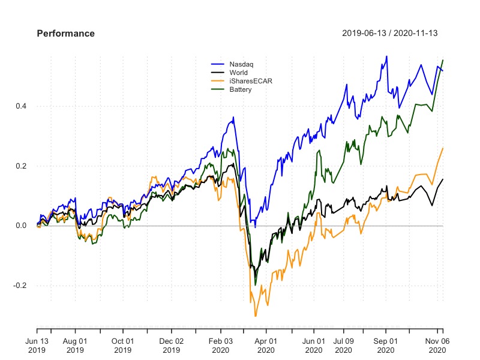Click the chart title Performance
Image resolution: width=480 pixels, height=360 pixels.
point(65,34)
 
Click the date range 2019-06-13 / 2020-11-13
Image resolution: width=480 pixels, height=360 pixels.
point(389,34)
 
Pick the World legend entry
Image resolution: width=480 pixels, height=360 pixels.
point(230,72)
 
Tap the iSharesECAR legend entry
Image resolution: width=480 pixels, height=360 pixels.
point(242,80)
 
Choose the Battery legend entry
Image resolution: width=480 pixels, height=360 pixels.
point(232,89)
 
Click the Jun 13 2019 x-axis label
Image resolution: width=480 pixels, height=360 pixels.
point(37,345)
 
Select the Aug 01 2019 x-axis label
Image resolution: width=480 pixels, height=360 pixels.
point(76,345)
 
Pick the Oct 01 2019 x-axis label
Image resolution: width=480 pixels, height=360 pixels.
point(123,345)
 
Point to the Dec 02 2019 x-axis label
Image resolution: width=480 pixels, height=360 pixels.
point(172,345)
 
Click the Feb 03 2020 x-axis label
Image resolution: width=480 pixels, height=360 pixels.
point(220,345)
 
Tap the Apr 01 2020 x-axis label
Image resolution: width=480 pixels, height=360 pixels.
point(266,345)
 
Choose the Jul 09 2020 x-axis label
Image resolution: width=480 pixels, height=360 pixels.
point(344,345)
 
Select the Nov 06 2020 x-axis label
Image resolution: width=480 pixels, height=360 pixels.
point(438,345)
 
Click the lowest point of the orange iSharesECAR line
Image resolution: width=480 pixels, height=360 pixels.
point(256,316)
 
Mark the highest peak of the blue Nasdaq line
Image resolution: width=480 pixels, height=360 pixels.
point(386,56)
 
